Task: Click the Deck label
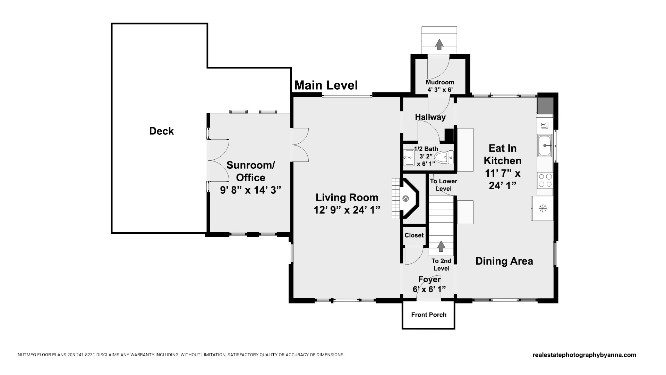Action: tap(161, 131)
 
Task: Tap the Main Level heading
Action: tap(326, 85)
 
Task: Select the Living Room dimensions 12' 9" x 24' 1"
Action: tap(347, 210)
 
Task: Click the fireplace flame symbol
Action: tap(406, 199)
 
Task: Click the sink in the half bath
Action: tap(409, 158)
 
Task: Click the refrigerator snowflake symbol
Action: tap(543, 208)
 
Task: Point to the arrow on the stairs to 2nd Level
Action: tap(441, 246)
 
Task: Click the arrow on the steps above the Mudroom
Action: tap(439, 44)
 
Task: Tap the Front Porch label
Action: tap(429, 315)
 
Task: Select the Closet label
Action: tap(414, 235)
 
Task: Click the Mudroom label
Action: tap(440, 82)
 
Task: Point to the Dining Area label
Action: tap(504, 261)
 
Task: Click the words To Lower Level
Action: tap(444, 185)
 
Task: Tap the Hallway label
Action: tap(430, 117)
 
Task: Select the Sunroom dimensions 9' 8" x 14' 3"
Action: tap(250, 190)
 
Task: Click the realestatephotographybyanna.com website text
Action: tap(584, 355)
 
